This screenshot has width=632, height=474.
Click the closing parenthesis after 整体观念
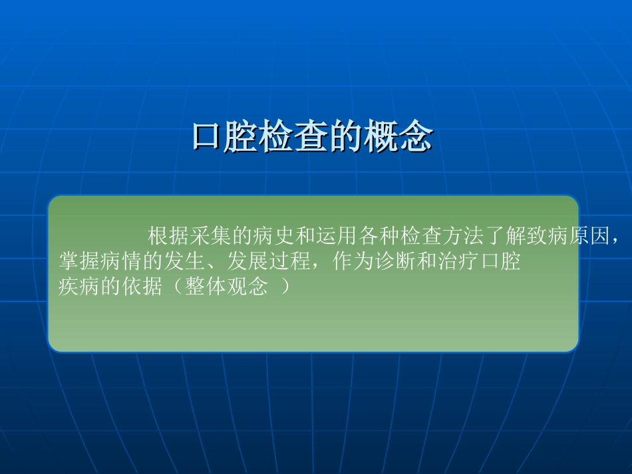coord(285,288)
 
